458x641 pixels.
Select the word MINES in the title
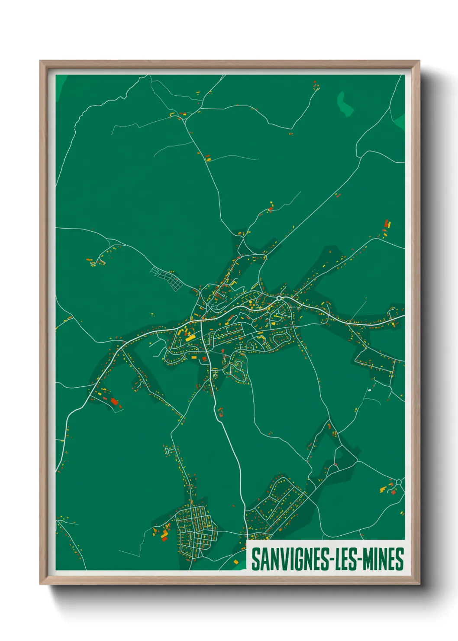click(x=383, y=559)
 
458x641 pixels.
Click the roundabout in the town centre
click(x=279, y=298)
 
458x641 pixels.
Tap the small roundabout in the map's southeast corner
click(x=399, y=482)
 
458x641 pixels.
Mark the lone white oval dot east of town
click(x=369, y=390)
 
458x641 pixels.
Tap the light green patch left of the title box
click(x=239, y=563)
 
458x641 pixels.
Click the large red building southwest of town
click(x=114, y=401)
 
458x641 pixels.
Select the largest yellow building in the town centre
click(x=190, y=338)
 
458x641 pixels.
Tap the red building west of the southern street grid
click(x=164, y=538)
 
